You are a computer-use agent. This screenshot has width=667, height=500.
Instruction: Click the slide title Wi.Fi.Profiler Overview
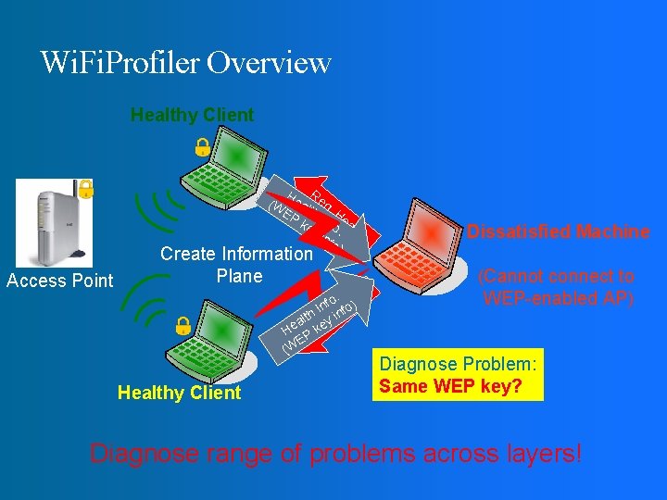(x=185, y=62)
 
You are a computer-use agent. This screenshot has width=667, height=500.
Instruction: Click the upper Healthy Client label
(x=192, y=115)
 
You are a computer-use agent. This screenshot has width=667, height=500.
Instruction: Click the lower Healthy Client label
(x=179, y=393)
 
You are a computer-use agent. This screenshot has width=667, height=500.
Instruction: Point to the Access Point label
(x=59, y=281)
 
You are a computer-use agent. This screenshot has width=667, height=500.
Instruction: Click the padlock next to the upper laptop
(x=200, y=146)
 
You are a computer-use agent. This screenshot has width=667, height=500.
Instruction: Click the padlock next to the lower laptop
(x=183, y=325)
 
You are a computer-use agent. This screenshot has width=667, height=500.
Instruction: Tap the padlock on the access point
(x=85, y=189)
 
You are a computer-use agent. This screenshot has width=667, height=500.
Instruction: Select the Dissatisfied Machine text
(x=558, y=231)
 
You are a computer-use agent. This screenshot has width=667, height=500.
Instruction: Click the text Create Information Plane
(x=237, y=265)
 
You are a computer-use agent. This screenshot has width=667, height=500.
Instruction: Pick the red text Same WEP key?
(x=451, y=386)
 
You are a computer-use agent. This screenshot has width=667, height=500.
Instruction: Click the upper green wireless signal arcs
(x=153, y=209)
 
